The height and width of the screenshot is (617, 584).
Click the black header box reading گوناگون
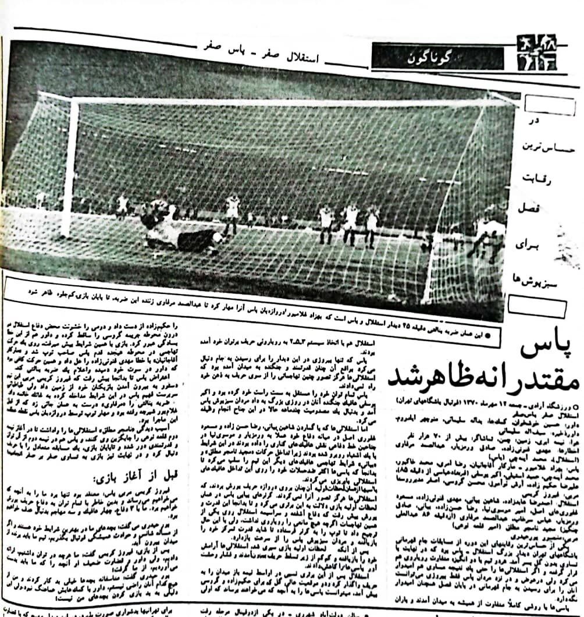[x=437, y=57]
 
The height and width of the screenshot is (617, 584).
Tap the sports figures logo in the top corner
[x=536, y=52]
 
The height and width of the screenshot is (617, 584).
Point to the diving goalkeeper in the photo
[x=177, y=230]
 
